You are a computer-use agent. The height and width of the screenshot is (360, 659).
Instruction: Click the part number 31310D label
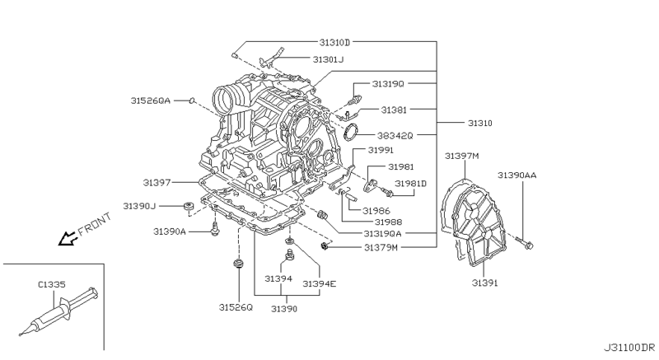pyautogui.click(x=334, y=42)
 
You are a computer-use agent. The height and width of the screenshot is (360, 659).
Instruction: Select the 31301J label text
pyautogui.click(x=328, y=59)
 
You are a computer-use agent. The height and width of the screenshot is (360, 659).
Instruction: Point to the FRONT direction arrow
pyautogui.click(x=68, y=239)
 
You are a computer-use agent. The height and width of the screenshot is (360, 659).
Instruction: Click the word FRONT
pyautogui.click(x=95, y=223)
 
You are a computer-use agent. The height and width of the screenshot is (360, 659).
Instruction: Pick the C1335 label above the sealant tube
pyautogui.click(x=52, y=284)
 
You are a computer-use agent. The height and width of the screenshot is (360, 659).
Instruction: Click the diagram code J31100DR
pyautogui.click(x=629, y=348)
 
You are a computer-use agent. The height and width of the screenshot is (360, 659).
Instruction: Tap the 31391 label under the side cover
pyautogui.click(x=484, y=283)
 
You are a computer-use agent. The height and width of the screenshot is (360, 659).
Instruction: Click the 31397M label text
pyautogui.click(x=462, y=156)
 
